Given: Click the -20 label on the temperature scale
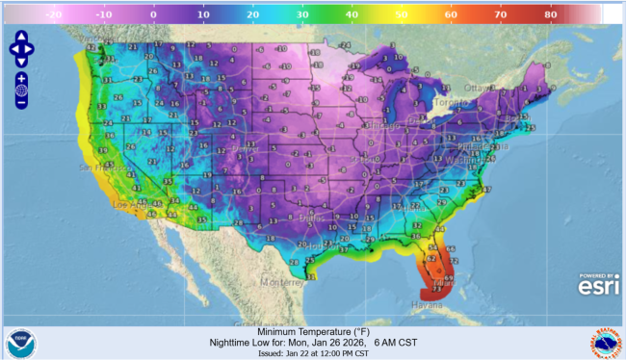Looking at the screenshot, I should (x=55, y=15).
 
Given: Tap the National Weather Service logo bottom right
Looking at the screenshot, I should (x=605, y=343).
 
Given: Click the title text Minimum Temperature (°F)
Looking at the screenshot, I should (x=313, y=331).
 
